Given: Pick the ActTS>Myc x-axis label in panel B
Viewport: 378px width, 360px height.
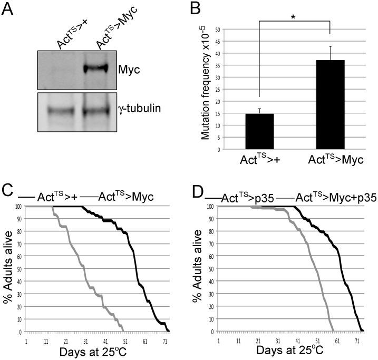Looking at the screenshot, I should pos(331,161).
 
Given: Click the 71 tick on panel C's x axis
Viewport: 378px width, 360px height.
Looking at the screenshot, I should pos(164,338).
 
